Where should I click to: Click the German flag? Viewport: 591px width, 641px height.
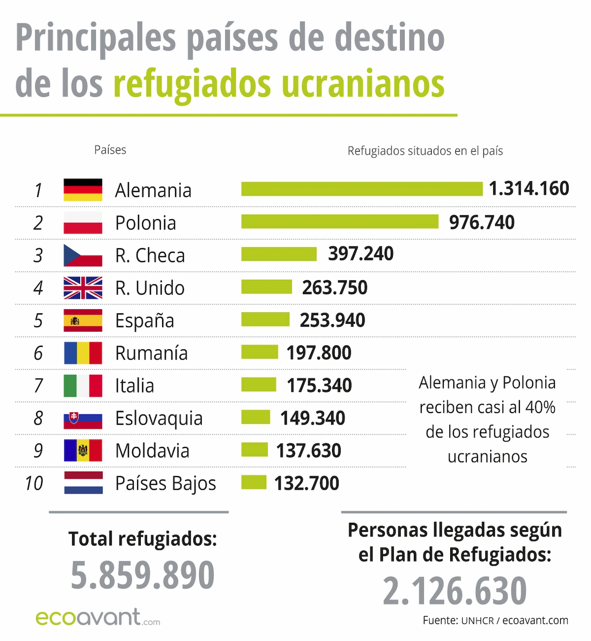click(x=83, y=190)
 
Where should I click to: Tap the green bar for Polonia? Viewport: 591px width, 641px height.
click(x=339, y=222)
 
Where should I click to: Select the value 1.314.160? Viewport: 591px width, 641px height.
click(x=529, y=189)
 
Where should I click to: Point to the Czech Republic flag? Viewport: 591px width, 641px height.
click(x=83, y=255)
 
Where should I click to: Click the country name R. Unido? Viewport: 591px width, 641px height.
click(x=150, y=288)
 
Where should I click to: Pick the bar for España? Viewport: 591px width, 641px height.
click(x=265, y=319)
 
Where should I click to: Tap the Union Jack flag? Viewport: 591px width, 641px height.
click(x=83, y=288)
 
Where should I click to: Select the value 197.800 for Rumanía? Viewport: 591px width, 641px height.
click(x=319, y=353)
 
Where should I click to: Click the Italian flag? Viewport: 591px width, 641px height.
click(x=83, y=385)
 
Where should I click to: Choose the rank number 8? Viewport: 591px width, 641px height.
click(x=38, y=418)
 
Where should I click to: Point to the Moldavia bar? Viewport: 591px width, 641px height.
click(x=254, y=450)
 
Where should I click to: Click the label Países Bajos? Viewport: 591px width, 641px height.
click(x=165, y=483)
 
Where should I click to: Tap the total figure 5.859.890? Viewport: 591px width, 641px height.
click(x=142, y=575)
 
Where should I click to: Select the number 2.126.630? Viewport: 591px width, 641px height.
click(x=454, y=591)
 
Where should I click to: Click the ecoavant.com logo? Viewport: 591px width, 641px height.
click(x=97, y=617)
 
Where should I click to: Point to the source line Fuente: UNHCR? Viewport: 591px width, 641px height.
click(x=495, y=620)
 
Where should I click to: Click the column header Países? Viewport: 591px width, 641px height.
click(x=110, y=150)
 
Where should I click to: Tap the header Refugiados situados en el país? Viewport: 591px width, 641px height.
click(x=425, y=151)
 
